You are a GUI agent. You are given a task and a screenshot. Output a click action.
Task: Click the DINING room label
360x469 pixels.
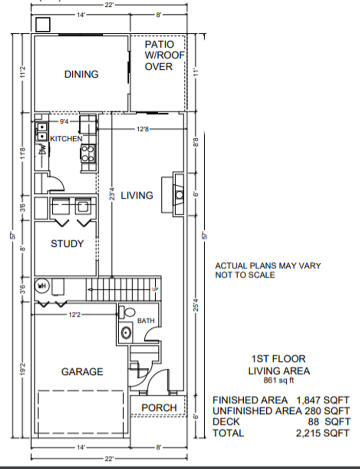click(81, 74)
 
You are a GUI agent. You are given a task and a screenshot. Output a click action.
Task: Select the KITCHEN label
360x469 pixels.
click(66, 139)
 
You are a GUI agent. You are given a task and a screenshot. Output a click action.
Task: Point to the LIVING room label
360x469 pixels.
click(137, 195)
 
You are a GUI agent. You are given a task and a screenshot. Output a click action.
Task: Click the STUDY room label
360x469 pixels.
click(67, 244)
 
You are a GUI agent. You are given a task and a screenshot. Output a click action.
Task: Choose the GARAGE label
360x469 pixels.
click(82, 372)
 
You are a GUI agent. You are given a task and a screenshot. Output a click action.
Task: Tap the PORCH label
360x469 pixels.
click(158, 407)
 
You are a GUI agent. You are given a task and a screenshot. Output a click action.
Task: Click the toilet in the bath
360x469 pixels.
click(128, 311)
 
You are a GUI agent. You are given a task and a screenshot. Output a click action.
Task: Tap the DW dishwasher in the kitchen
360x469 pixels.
click(42, 150)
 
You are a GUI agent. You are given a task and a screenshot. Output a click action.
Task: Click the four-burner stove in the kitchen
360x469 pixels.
click(88, 153)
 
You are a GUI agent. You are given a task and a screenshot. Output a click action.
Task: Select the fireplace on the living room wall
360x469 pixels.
click(178, 194)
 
